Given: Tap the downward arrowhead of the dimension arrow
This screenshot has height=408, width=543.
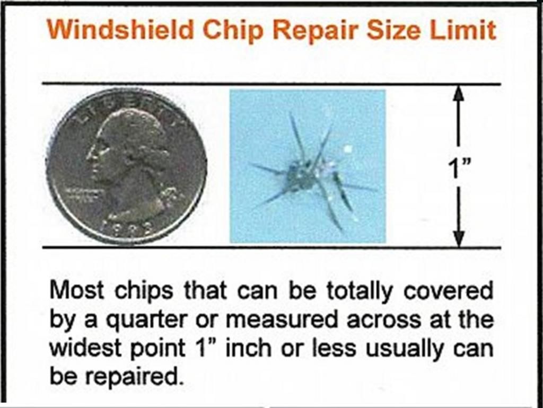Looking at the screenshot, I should (x=459, y=239).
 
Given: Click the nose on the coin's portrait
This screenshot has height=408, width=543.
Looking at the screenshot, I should (x=90, y=157).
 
